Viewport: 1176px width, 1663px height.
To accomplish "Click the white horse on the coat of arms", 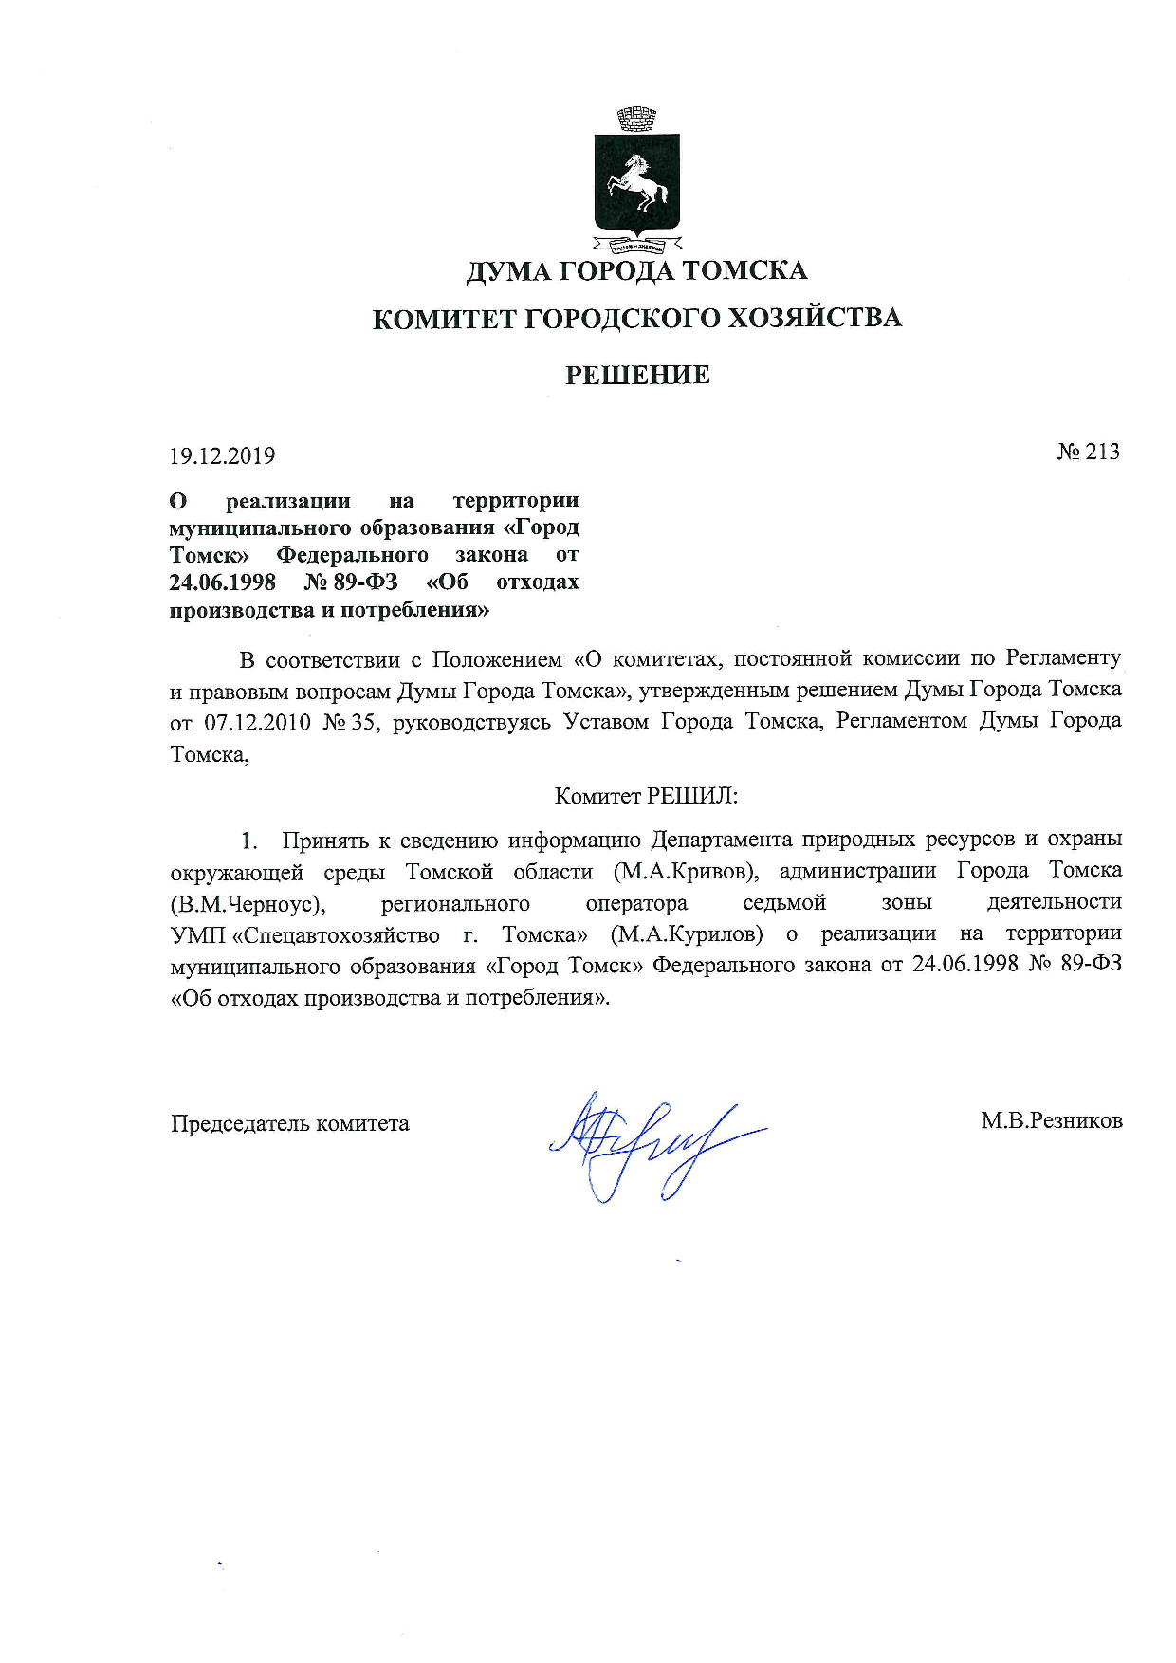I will [x=638, y=182].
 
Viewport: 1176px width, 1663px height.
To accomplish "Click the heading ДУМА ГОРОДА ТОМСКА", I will [x=636, y=271].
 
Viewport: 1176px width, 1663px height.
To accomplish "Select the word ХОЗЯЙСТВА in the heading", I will [x=814, y=318].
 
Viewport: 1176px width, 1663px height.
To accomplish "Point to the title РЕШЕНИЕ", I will [x=637, y=376].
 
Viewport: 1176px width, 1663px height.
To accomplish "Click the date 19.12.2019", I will [x=222, y=456].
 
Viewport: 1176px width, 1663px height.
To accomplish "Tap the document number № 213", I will [x=1088, y=453].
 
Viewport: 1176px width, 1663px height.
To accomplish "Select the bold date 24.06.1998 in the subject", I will [x=222, y=582].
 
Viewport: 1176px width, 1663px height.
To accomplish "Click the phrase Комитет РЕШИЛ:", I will [x=646, y=796].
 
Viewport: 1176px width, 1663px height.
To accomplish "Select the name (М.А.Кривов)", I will [x=686, y=871].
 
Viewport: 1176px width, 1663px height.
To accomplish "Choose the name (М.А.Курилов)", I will [x=687, y=934].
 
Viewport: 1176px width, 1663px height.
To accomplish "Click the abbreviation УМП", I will [x=197, y=935].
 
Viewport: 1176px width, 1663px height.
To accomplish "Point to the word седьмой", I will [x=784, y=902].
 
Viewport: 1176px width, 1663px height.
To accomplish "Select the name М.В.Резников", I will [x=1051, y=1121].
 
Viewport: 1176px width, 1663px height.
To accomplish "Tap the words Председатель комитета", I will [x=290, y=1124].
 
